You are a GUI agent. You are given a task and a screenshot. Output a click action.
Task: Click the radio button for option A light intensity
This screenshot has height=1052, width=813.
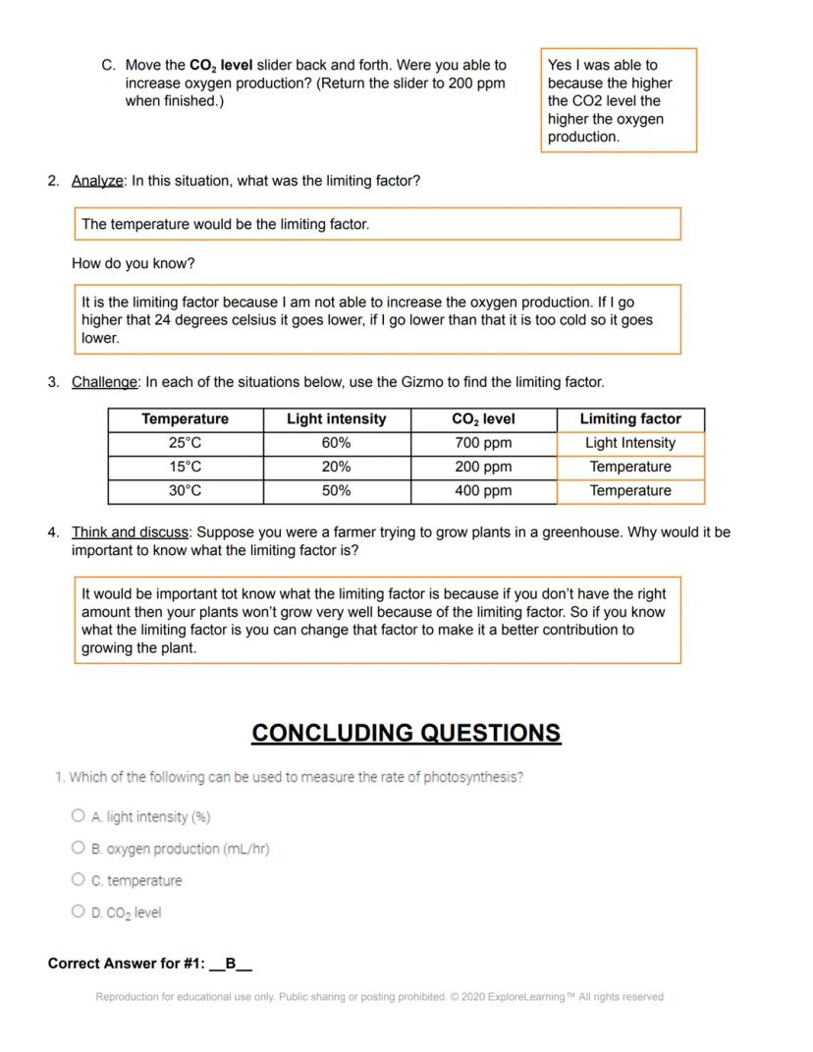point(79,815)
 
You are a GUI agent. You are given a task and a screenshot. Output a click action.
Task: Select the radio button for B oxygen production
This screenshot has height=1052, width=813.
point(79,848)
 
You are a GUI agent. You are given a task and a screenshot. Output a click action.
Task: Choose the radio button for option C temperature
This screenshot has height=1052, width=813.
point(79,880)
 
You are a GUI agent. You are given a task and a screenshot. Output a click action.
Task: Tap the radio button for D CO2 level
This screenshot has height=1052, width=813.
point(79,912)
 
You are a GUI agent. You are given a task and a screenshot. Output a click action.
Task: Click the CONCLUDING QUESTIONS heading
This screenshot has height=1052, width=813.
point(406,734)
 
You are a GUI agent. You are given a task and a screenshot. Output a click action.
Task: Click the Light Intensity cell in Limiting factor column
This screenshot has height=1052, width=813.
point(630,443)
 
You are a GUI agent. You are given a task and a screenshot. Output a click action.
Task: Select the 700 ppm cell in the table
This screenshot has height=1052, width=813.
point(483,443)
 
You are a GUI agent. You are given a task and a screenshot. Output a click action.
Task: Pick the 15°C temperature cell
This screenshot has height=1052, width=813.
point(185,467)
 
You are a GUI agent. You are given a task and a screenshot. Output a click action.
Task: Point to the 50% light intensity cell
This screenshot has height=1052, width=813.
point(336,490)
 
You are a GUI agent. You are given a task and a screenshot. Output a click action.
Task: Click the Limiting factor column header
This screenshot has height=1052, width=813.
point(630,419)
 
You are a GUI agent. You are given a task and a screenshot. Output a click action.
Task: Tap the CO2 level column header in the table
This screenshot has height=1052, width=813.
point(483,419)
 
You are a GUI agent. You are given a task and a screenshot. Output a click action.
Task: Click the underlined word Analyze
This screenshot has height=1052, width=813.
point(97,181)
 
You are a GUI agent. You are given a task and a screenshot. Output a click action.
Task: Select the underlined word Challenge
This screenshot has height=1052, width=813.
point(104,382)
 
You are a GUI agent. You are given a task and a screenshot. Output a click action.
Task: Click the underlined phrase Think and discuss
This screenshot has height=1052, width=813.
point(130,532)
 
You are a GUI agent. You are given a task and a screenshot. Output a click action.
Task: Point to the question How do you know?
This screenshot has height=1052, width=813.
point(134,264)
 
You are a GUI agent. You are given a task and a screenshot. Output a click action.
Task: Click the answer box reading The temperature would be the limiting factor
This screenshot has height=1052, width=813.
point(377,224)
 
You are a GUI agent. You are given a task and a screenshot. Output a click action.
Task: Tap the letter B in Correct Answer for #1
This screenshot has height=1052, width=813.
point(231,964)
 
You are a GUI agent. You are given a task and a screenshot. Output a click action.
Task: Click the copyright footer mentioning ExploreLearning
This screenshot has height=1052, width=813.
point(379,997)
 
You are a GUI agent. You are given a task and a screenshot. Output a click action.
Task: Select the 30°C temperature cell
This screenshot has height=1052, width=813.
point(185,490)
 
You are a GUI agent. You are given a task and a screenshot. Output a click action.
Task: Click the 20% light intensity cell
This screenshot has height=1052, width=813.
point(336,467)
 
